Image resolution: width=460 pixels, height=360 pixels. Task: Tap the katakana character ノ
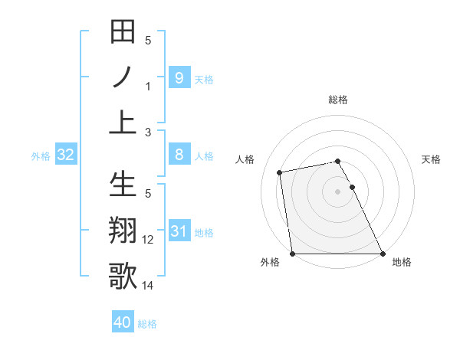click(x=123, y=77)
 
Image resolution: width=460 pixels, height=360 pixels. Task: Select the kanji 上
click(x=123, y=121)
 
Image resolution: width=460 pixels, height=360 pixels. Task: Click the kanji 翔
click(x=123, y=231)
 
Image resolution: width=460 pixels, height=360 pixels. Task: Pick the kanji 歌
click(x=123, y=276)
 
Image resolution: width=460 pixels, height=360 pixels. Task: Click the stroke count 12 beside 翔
click(x=148, y=240)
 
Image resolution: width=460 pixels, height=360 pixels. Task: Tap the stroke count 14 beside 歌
click(x=148, y=285)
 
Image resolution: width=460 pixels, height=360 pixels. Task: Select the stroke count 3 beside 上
click(x=148, y=132)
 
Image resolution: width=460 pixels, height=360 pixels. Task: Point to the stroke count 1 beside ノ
click(x=148, y=86)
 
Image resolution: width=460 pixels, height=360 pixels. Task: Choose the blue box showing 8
click(x=179, y=155)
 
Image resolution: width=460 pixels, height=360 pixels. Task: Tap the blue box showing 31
click(x=179, y=231)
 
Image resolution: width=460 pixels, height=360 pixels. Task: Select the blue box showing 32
click(x=66, y=155)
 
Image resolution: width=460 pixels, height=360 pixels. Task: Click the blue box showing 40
click(x=123, y=322)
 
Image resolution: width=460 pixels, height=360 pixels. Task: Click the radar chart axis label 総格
click(x=338, y=100)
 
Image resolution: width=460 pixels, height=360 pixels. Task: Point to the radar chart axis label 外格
click(x=270, y=262)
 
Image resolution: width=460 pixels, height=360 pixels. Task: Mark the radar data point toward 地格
click(x=382, y=253)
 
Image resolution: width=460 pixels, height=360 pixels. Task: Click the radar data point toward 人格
click(x=280, y=172)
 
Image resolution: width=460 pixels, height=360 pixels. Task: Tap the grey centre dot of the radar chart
click(x=338, y=191)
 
